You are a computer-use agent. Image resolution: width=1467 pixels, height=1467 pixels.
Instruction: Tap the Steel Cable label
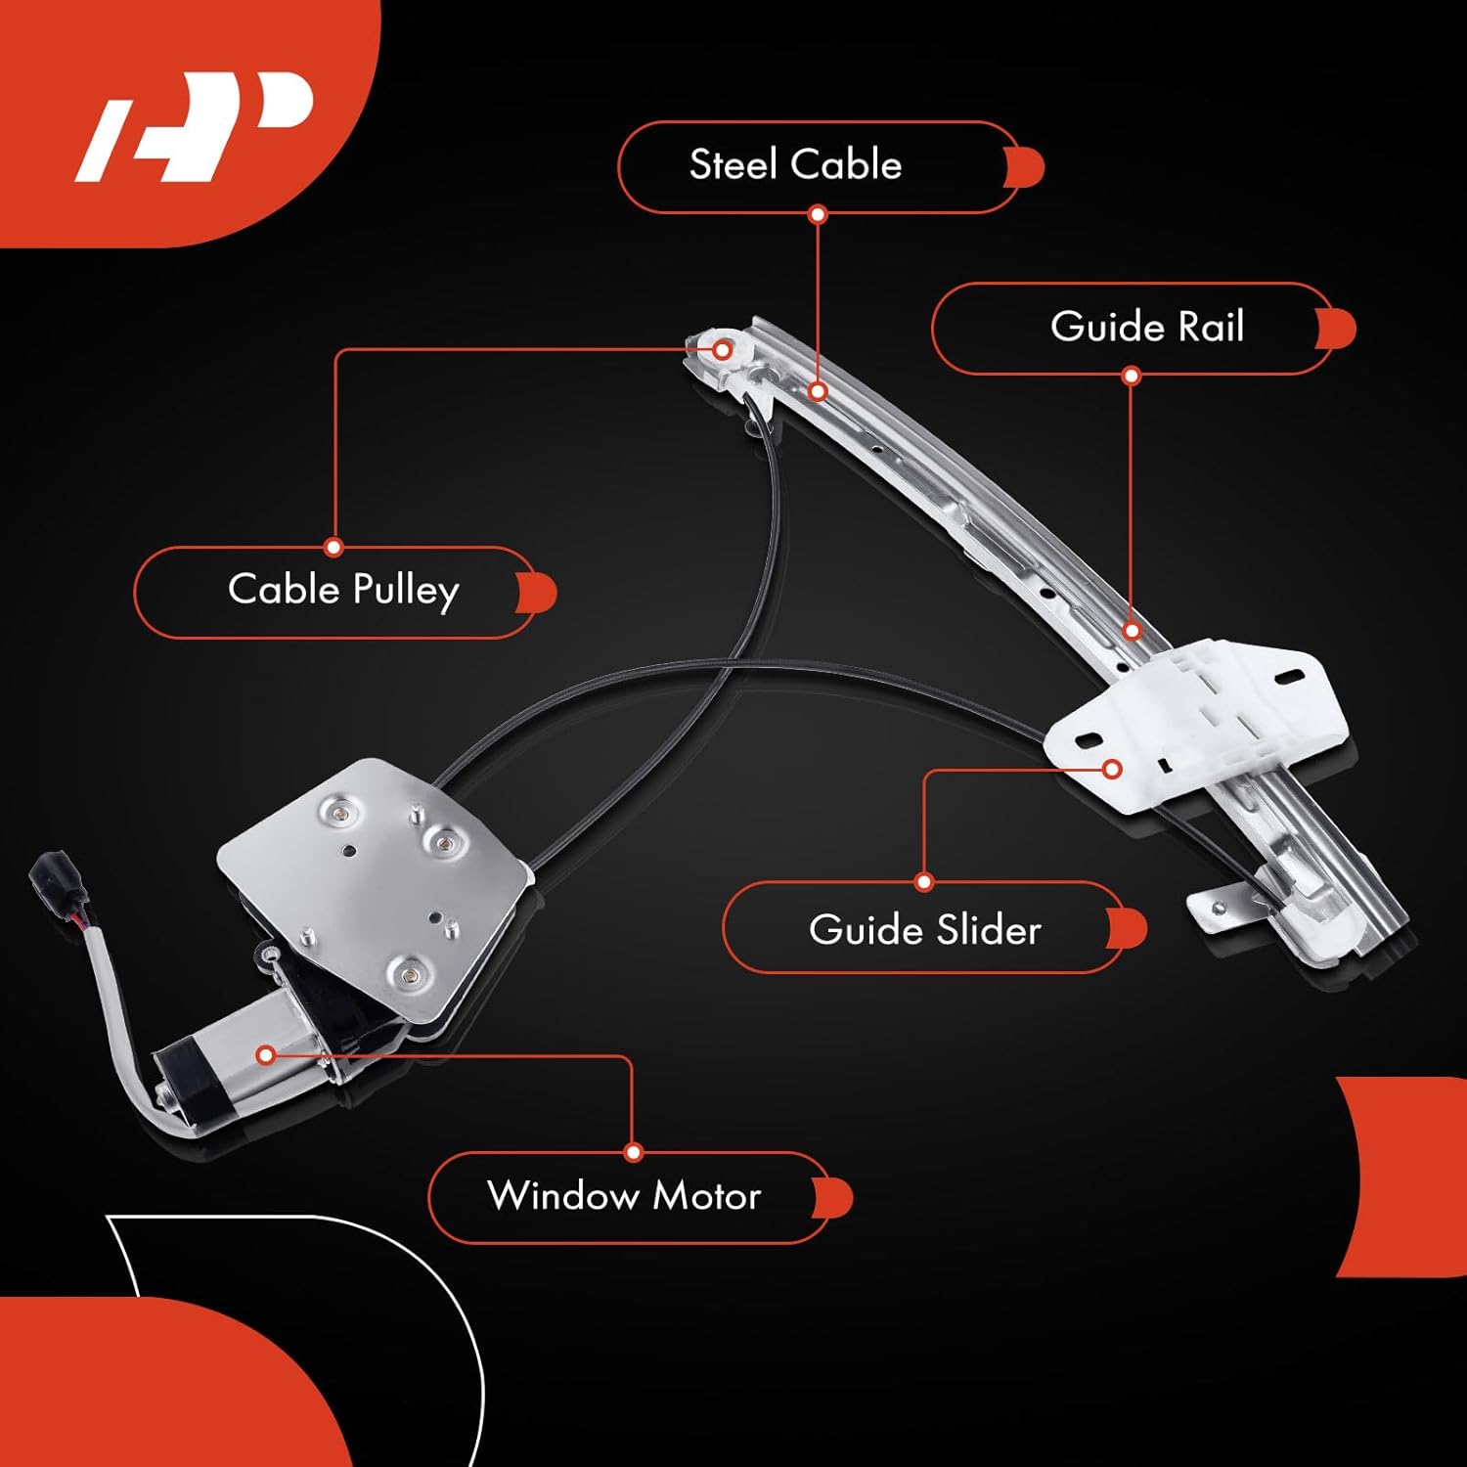tap(795, 165)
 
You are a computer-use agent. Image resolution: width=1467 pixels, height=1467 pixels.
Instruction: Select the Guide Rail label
tap(1146, 328)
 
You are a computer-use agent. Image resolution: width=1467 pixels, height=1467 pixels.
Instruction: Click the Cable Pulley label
tap(343, 591)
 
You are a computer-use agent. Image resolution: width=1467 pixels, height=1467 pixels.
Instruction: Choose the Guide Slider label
tap(924, 929)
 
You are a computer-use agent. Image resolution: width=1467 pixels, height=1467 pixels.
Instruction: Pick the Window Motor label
tap(624, 1196)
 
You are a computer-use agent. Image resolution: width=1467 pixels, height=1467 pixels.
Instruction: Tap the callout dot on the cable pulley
tap(723, 349)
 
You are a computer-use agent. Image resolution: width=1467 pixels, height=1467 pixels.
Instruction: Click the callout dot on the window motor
tap(265, 1055)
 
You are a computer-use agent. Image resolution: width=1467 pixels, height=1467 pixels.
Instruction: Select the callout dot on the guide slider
tap(1111, 769)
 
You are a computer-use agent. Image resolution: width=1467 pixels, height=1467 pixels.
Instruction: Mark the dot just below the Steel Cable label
tap(819, 214)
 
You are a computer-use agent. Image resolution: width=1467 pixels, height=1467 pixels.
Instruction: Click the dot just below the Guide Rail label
tap(1132, 376)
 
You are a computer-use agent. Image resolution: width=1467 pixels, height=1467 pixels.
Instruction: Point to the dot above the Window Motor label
tap(633, 1153)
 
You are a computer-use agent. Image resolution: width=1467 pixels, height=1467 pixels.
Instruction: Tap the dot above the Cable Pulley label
tap(334, 547)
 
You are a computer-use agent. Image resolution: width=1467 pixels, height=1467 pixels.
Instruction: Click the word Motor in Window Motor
tap(706, 1196)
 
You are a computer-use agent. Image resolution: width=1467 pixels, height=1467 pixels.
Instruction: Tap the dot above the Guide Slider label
tap(924, 882)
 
